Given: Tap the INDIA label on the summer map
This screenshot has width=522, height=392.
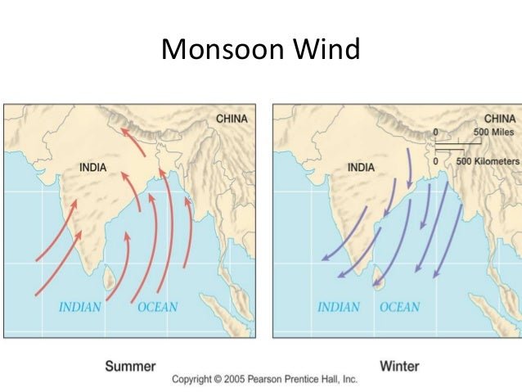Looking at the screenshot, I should (92, 168).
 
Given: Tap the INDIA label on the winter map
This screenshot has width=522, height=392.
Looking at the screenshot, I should (361, 168).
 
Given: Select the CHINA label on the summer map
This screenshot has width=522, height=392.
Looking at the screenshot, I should (232, 119).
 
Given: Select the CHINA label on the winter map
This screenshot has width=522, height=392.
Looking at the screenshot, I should (500, 118).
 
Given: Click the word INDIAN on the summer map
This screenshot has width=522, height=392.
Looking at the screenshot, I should (79, 308).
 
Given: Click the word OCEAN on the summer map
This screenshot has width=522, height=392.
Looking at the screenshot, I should (157, 308).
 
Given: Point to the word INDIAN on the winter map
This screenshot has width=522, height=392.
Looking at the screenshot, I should (339, 308).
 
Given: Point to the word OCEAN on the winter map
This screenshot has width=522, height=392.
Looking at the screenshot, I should (399, 308).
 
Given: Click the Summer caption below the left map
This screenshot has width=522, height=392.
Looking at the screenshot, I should (130, 366).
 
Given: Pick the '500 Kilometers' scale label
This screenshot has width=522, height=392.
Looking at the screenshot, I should (487, 161).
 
